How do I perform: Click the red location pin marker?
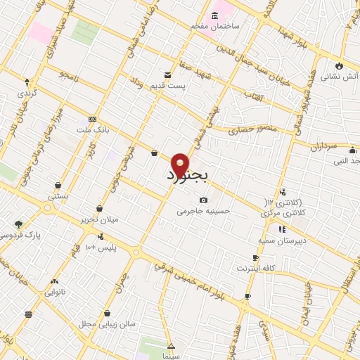(181, 163)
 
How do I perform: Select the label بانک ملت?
(94, 129)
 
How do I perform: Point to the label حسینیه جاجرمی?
(203, 210)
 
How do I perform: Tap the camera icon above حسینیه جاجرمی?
(204, 200)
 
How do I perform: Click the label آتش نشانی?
(340, 77)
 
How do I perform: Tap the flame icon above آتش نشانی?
(340, 66)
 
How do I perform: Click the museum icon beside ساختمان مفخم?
(214, 15)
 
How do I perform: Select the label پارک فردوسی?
(19, 235)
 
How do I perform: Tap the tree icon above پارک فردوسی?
(18, 224)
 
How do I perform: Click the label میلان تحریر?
(100, 219)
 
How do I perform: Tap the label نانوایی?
(55, 292)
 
